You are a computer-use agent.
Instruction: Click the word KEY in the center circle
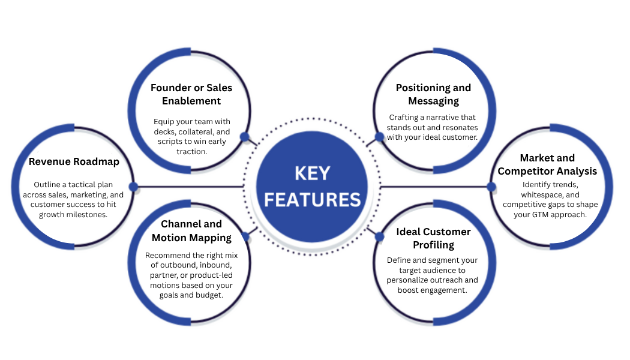click(312, 173)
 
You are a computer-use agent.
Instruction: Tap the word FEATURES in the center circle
click(312, 199)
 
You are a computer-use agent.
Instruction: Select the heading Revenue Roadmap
click(74, 161)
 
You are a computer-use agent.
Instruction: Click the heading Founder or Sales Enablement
click(191, 94)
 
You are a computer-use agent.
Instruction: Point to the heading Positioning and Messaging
click(433, 94)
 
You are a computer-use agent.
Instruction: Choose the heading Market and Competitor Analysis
click(547, 164)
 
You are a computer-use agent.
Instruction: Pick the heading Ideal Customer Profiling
click(433, 238)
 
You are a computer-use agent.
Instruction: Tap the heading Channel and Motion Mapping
click(191, 230)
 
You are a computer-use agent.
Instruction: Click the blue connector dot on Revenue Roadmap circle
click(133, 187)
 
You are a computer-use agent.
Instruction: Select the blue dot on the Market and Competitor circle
click(491, 187)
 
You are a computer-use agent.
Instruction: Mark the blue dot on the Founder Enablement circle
click(244, 137)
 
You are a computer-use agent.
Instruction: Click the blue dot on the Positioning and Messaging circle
click(379, 137)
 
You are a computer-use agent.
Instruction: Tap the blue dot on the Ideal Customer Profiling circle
click(379, 236)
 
